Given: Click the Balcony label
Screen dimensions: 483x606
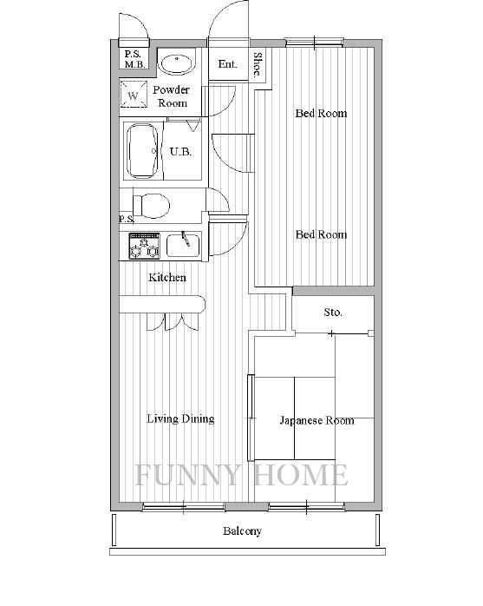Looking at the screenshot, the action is pos(242,531).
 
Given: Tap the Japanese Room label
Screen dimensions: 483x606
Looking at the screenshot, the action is pos(317,420).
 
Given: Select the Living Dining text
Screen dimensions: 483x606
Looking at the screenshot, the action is pos(180,419).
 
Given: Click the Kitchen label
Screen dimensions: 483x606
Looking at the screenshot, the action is pos(167,277).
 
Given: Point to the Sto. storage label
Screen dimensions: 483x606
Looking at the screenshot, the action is pos(333,312).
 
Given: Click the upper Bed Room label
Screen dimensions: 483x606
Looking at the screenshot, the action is pos(321,113).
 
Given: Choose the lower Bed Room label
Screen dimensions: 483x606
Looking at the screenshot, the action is pos(321,234).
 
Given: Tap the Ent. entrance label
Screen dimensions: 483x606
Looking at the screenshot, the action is pos(227,63).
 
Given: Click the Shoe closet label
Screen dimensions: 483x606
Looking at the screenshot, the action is pos(258,64).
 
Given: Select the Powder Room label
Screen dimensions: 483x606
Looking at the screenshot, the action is pos(172,96).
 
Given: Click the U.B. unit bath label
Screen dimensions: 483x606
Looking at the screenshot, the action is pos(180,151).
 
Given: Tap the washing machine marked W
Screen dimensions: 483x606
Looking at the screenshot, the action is pos(134,94).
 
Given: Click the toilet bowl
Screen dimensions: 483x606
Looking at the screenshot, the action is pos(152,205).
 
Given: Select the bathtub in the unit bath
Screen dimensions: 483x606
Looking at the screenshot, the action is pos(143,151).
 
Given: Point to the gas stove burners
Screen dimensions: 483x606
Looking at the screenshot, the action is pos(145,247).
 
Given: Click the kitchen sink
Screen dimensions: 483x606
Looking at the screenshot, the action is pos(183,246).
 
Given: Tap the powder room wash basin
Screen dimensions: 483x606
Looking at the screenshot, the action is pos(176,64).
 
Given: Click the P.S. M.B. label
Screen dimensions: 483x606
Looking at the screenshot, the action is pos(134,60).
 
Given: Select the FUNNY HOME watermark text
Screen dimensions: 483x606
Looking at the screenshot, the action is pos(242,475).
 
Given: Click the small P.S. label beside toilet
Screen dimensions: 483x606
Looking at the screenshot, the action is pos(127,219).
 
